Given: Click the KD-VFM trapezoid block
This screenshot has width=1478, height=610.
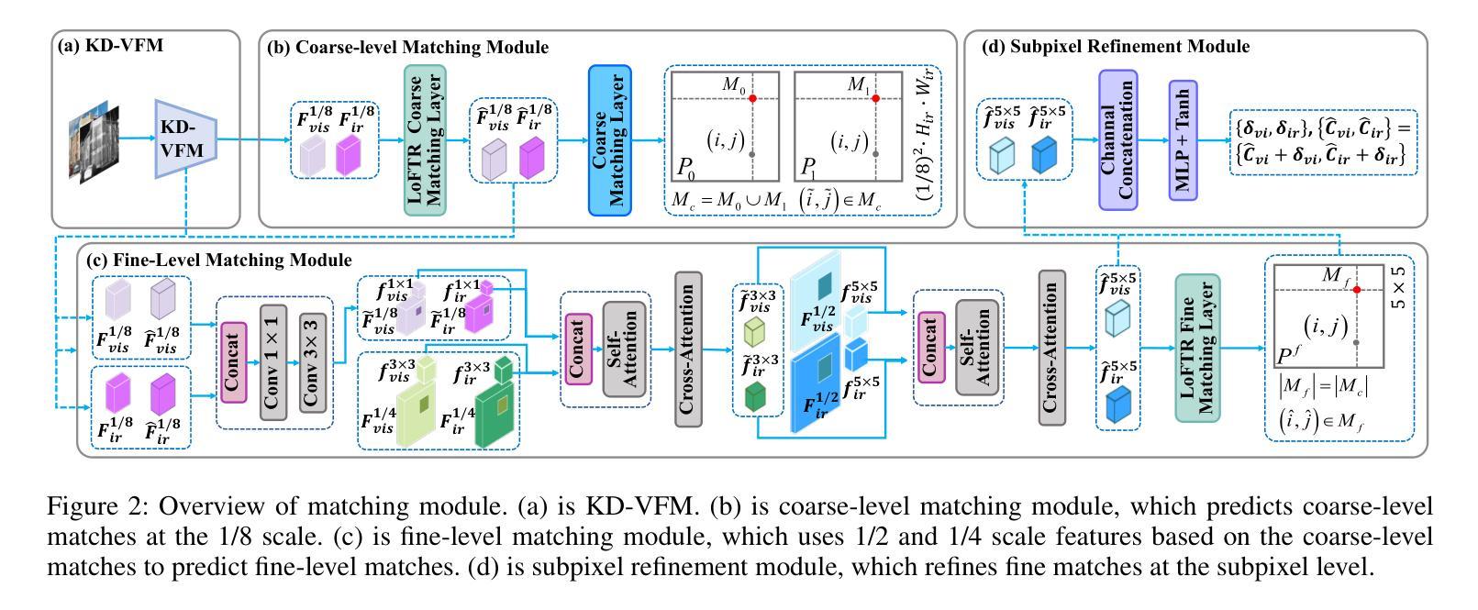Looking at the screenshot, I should coord(184,139).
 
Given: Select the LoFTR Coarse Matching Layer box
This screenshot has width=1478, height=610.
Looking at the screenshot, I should coord(425,139).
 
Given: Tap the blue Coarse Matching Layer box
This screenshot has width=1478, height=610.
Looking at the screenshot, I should coord(609,139).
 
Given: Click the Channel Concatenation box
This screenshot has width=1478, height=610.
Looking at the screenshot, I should coord(1117,139).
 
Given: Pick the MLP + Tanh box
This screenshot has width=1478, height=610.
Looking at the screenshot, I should coord(1184,139).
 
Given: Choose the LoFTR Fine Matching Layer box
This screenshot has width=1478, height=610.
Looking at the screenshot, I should coord(1197,348).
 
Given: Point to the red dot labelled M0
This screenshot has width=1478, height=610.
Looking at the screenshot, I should coord(752,98).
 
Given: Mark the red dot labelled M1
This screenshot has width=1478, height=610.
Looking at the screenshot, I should coord(875,98).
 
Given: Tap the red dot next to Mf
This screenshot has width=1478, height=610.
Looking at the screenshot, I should coord(1356,290).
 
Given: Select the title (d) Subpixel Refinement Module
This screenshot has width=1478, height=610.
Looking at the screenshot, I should coord(1115,46).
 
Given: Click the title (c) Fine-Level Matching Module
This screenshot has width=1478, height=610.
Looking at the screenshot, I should coord(218,261).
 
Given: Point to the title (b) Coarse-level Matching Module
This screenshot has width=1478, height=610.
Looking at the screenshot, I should coord(407,47).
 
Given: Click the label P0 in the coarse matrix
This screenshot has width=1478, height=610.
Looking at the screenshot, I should coord(685,168).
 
